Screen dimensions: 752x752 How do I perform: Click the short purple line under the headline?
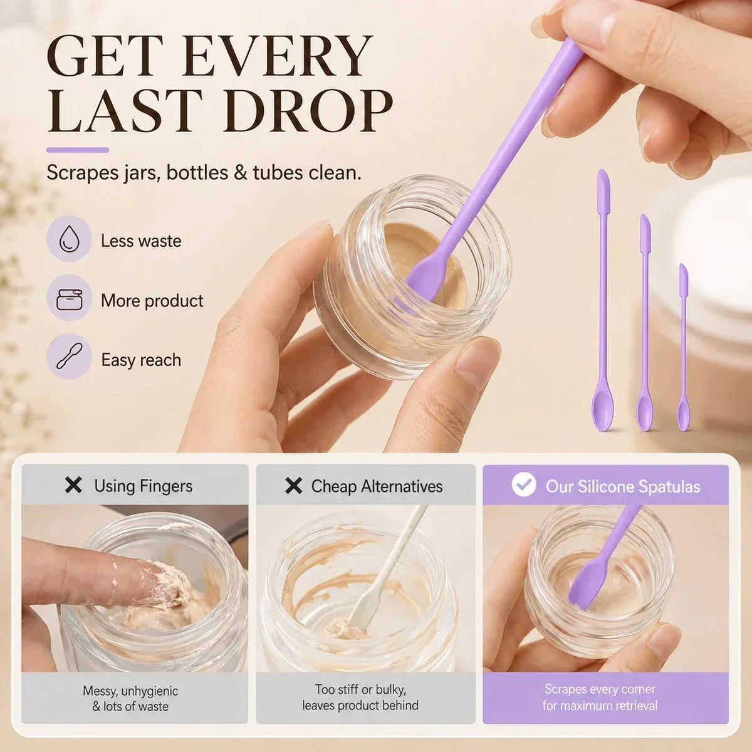(78, 150)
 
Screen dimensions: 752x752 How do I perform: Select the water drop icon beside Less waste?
(70, 239)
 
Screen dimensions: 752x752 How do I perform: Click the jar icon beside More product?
(70, 300)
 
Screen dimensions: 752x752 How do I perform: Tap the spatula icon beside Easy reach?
(70, 357)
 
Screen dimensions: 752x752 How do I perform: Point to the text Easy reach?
(141, 360)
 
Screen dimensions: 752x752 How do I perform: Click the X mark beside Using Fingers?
(73, 486)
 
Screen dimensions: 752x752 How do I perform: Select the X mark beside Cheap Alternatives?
(293, 486)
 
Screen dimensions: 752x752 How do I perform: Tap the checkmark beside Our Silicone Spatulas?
(524, 484)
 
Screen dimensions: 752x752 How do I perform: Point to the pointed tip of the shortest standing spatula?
(682, 265)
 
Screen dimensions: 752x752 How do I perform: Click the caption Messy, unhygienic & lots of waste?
(130, 699)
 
